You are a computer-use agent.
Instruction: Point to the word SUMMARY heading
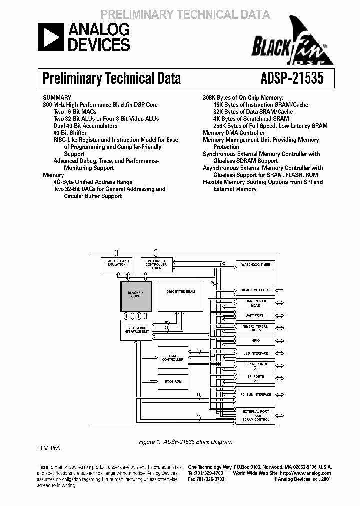[x=57, y=98]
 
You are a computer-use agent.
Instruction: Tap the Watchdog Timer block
[x=255, y=265]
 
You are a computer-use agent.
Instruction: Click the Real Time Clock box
[x=255, y=290]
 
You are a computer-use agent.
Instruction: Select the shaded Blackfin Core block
[x=136, y=296]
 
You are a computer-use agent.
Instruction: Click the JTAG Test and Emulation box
[x=116, y=263]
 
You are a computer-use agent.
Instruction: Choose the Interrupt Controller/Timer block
[x=156, y=264]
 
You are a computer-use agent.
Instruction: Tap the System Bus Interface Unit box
[x=136, y=330]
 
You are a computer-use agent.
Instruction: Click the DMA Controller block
[x=173, y=357]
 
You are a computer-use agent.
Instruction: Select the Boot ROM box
[x=173, y=381]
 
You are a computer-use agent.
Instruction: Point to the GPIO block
[x=255, y=340]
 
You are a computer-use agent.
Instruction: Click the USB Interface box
[x=255, y=353]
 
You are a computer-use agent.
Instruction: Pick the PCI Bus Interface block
[x=255, y=394]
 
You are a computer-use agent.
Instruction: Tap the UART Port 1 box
[x=255, y=316]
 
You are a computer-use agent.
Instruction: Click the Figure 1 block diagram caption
[x=185, y=442]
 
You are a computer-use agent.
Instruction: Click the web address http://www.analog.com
[x=305, y=473]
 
